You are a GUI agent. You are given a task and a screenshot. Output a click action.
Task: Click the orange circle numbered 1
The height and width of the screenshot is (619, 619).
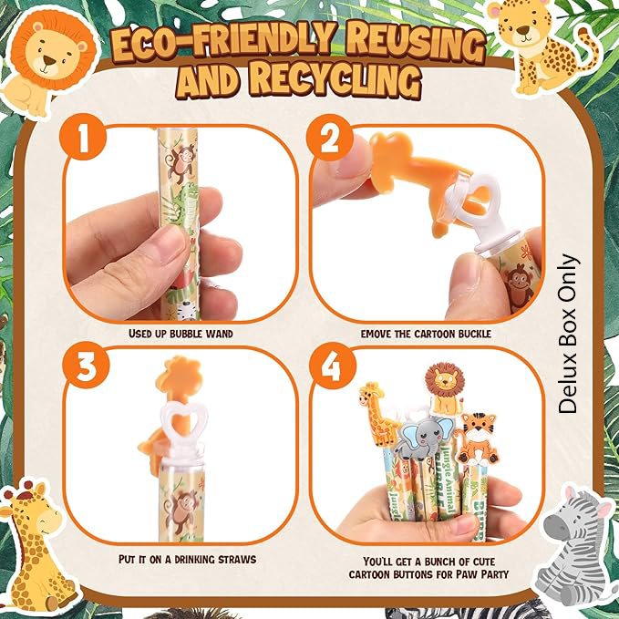click(83, 137)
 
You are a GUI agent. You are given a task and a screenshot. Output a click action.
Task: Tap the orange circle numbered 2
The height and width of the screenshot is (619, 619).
click(330, 138)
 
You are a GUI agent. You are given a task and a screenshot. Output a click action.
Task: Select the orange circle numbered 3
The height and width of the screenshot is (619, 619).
click(87, 366)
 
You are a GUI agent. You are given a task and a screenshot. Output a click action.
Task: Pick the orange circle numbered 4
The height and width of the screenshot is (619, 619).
click(333, 366)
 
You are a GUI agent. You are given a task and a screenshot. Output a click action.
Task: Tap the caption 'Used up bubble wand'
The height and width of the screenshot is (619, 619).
click(181, 334)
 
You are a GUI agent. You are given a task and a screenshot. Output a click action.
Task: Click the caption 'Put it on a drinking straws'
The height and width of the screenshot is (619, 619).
click(188, 560)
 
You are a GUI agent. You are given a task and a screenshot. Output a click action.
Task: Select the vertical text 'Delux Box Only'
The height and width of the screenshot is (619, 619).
click(569, 334)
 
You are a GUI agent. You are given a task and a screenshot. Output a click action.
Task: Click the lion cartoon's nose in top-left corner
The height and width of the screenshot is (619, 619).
click(49, 61)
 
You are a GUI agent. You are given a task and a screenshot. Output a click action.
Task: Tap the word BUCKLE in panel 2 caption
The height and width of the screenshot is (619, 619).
click(475, 334)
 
